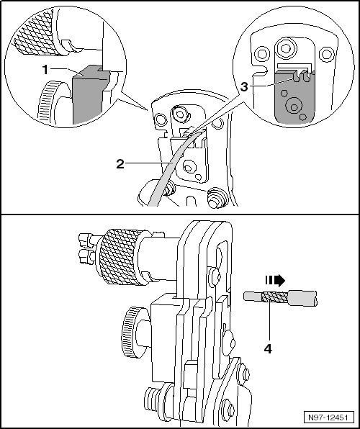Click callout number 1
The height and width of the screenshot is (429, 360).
point(45,70)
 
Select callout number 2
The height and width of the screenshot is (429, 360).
point(120,164)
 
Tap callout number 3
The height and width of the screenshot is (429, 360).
point(244,87)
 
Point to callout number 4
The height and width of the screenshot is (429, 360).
point(268,349)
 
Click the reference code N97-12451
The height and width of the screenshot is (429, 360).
point(328,417)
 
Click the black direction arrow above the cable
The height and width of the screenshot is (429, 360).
point(275,281)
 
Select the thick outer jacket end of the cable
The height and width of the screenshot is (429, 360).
point(303,298)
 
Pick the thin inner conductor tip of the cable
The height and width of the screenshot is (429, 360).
point(253,296)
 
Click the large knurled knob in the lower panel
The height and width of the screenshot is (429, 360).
point(120,257)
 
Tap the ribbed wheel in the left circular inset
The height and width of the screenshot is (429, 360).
point(49,102)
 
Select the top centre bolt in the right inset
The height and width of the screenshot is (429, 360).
point(286,49)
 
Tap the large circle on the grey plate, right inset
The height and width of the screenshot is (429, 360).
point(294,106)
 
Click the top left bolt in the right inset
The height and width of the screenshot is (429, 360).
point(261,53)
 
